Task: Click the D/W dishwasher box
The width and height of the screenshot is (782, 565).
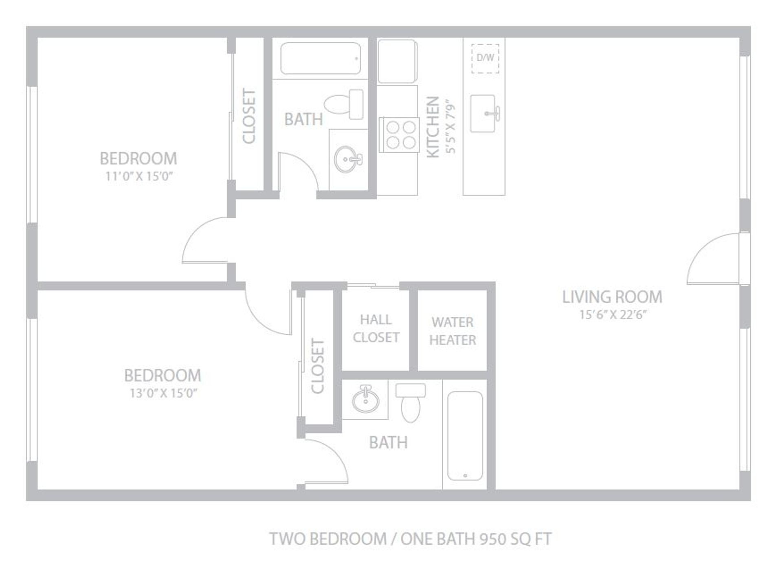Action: coord(485,58)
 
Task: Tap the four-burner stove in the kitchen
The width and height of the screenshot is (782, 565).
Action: coord(399,135)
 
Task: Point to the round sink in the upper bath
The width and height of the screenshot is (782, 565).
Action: coord(347,159)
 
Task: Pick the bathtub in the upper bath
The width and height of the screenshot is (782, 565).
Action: coord(321,58)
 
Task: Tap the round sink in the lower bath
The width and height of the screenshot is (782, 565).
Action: coord(366,398)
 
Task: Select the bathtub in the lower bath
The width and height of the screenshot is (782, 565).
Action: coord(465,436)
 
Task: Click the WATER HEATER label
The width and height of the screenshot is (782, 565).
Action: coord(453,331)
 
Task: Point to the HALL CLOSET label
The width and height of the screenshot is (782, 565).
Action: coord(376,328)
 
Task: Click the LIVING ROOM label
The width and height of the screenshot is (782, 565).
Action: coord(612,297)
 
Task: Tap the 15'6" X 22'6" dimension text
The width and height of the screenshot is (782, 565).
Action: coord(613,315)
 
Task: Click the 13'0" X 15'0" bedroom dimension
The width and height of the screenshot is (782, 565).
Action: coord(163,394)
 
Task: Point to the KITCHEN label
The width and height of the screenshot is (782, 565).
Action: coord(433,127)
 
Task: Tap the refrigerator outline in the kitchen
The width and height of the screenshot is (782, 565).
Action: coord(397,62)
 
